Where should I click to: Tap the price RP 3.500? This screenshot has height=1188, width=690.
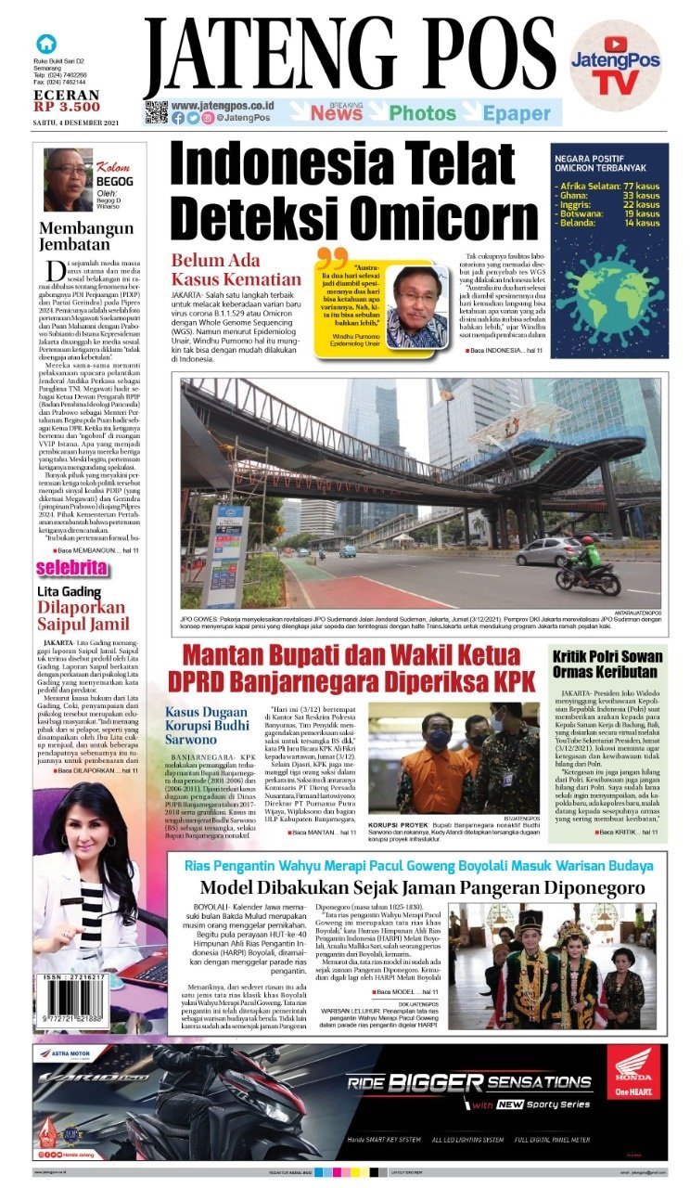click(66, 107)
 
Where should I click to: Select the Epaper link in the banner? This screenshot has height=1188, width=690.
click(517, 114)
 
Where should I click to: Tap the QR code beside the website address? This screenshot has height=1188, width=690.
click(156, 112)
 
